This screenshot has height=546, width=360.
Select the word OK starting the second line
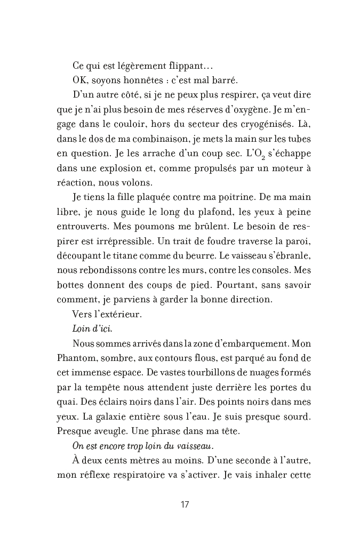tap(79, 81)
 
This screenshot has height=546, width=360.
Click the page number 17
tap(185, 505)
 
